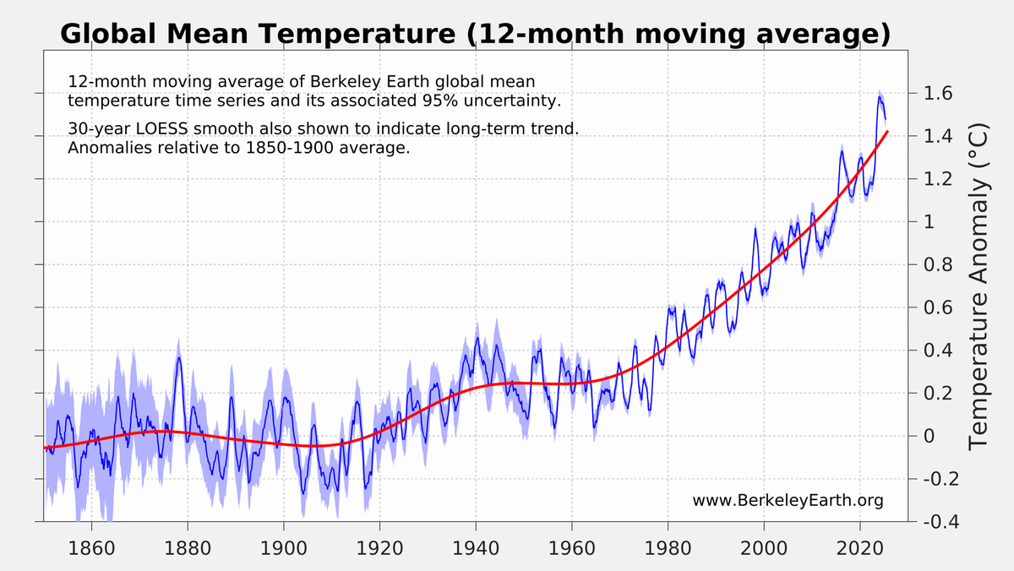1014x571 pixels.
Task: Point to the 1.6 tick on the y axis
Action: (x=935, y=93)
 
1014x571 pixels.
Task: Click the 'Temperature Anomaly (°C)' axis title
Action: (x=978, y=286)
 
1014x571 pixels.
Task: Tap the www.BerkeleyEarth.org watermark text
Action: (x=788, y=501)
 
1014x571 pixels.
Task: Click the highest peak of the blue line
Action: (x=879, y=96)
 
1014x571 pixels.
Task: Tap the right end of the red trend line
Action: (x=887, y=132)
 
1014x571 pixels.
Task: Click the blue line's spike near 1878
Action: (x=178, y=358)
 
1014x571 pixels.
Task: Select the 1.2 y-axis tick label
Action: (x=935, y=179)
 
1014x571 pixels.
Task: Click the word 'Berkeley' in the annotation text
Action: (x=342, y=83)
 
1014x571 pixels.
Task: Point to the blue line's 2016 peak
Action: (x=842, y=153)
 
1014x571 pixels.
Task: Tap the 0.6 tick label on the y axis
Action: (x=935, y=307)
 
